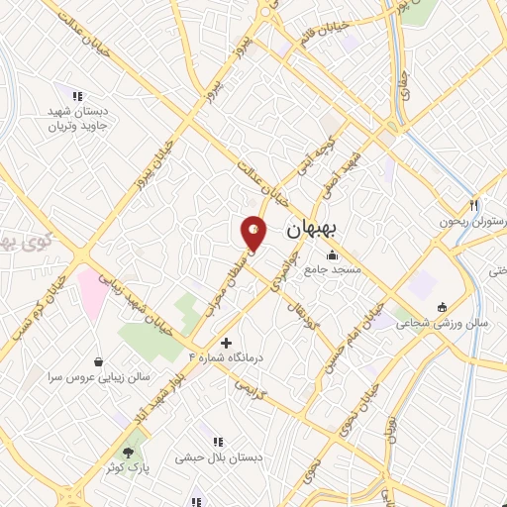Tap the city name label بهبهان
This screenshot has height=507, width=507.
311,230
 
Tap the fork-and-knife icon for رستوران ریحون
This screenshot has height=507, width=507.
474,205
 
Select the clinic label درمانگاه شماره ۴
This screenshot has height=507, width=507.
226,356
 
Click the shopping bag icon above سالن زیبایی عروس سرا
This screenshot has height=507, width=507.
98,362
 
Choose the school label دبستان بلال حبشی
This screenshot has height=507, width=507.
217,457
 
